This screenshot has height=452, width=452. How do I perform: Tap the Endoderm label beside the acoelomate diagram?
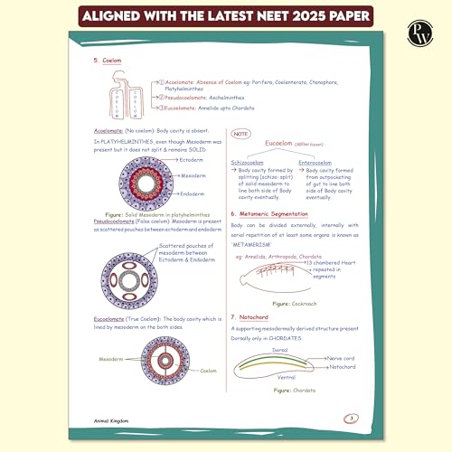tap(193, 193)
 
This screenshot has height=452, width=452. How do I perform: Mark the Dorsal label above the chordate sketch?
tap(279, 349)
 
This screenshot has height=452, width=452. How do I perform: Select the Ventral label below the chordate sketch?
tap(285, 376)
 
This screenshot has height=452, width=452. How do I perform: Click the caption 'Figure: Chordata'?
tap(291, 390)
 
